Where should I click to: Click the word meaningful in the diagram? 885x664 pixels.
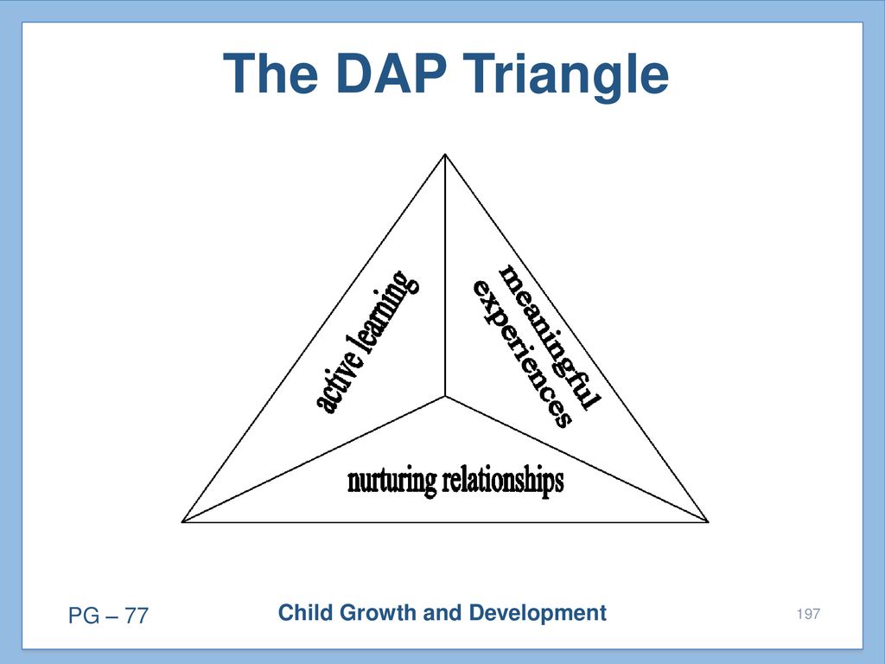click(x=549, y=337)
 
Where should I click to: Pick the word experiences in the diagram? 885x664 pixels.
click(x=523, y=354)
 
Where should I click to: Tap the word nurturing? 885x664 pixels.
click(x=392, y=482)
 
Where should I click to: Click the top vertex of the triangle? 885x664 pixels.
click(x=445, y=154)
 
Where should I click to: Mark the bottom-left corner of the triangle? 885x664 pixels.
click(x=182, y=521)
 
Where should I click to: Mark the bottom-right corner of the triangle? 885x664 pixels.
click(x=709, y=521)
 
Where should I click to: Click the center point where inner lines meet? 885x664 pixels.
click(x=445, y=396)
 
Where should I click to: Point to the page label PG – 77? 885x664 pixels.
click(x=108, y=616)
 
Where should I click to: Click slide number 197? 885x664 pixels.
click(x=808, y=614)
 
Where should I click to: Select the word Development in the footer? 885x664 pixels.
click(x=538, y=614)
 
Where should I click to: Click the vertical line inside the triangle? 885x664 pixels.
click(x=445, y=276)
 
